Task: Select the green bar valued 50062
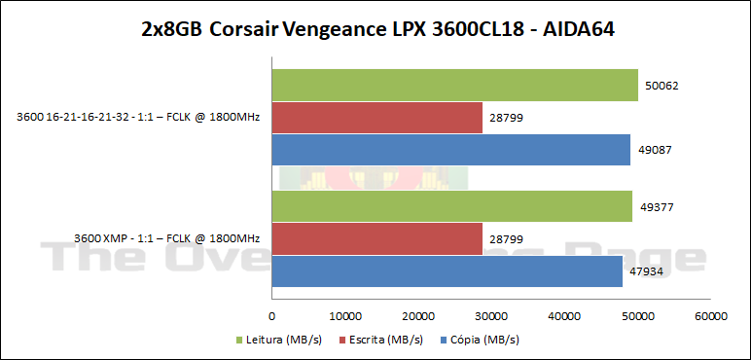454,86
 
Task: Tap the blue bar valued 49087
450,150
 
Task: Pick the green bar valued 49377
451,206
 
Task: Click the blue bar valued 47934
447,270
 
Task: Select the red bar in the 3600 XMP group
376,238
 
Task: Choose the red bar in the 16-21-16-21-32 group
376,118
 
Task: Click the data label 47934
646,270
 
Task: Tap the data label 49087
654,150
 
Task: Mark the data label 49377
656,206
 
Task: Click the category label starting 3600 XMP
166,238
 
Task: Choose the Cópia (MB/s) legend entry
481,341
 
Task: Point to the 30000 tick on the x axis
491,316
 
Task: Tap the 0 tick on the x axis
272,316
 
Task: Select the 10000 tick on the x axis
345,316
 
